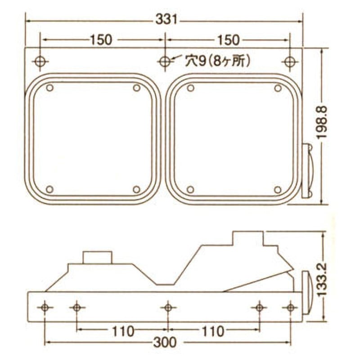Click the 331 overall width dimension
tap(166, 19)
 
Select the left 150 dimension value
tap(101, 40)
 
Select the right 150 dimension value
tap(228, 40)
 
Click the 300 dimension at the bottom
tap(165, 342)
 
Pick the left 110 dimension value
tap(123, 332)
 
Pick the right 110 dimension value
tap(213, 332)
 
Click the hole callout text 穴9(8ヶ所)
tap(217, 61)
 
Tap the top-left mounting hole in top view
tap(40, 62)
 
